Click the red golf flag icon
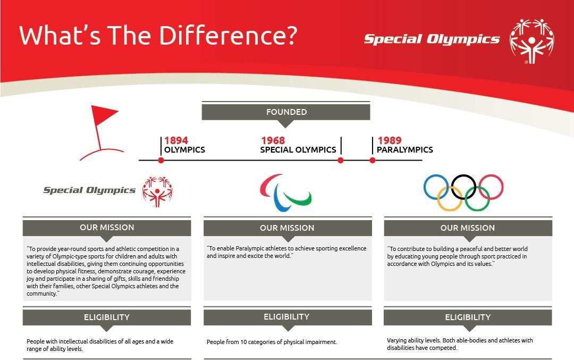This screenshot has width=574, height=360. (x=100, y=132)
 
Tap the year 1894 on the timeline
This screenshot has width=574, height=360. (x=176, y=140)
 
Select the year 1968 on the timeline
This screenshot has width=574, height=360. (x=273, y=140)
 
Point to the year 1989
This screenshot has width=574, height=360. (x=390, y=140)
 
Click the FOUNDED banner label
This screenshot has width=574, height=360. (x=286, y=112)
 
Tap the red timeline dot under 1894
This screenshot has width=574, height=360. (x=161, y=160)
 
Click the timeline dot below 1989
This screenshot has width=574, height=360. (x=372, y=160)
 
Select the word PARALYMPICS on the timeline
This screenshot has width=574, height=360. (x=405, y=150)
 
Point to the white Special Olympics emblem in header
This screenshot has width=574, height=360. (x=531, y=41)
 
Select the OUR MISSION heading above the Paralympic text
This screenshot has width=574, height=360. (x=287, y=228)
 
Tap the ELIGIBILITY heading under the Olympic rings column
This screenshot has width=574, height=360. (x=468, y=317)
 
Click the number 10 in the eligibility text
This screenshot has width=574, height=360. (x=243, y=342)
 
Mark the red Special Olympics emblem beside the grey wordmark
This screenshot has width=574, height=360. (x=157, y=192)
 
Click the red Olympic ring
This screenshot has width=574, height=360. (x=491, y=175)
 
